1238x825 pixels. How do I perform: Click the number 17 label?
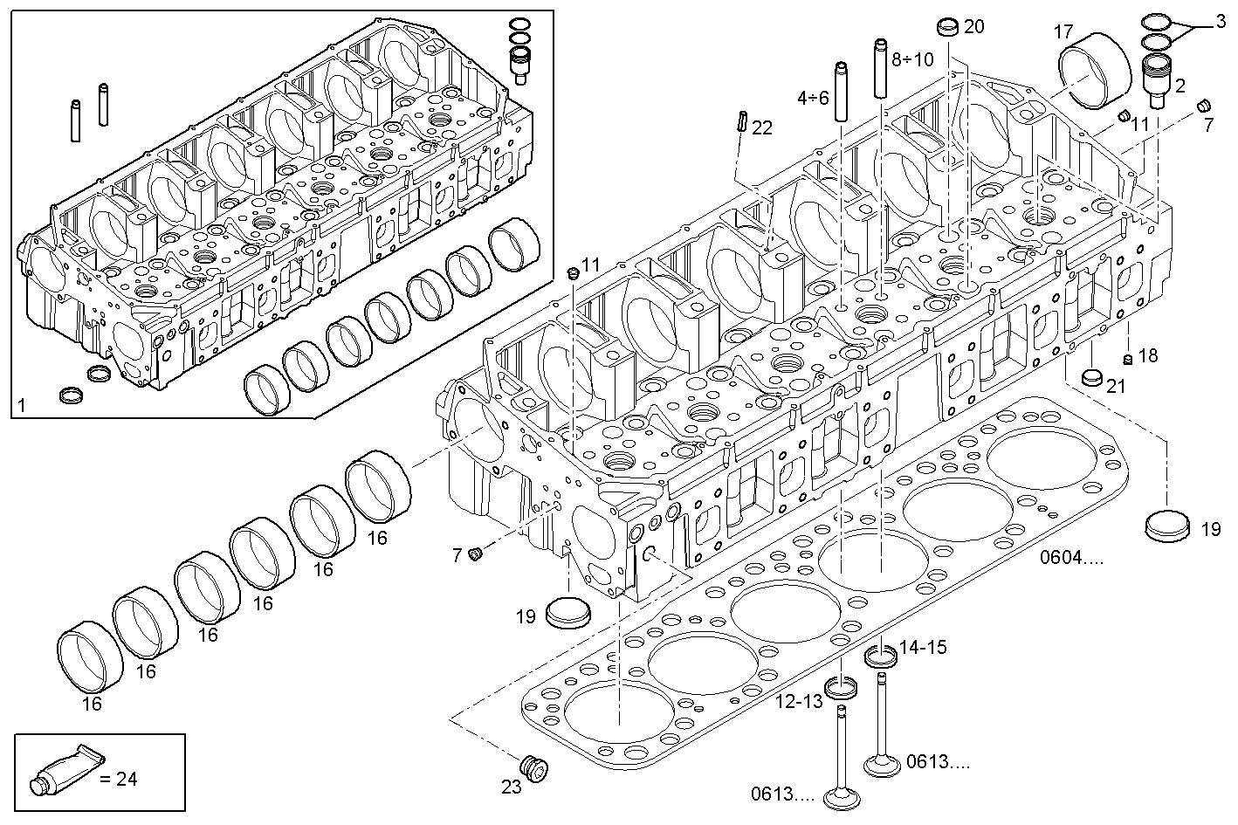pyautogui.click(x=1063, y=32)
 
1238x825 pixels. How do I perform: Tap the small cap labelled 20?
pyautogui.click(x=948, y=28)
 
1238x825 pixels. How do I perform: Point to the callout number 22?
pyautogui.click(x=761, y=128)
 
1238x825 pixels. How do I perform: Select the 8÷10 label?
pyautogui.click(x=912, y=59)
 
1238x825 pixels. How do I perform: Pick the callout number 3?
pyautogui.click(x=1220, y=22)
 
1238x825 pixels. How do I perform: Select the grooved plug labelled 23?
pyautogui.click(x=533, y=768)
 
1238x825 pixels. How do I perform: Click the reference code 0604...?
pyautogui.click(x=1070, y=557)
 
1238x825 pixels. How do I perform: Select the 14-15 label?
pyautogui.click(x=923, y=648)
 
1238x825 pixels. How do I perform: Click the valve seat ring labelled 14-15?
pyautogui.click(x=880, y=656)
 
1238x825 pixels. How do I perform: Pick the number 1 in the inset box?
pyautogui.click(x=22, y=405)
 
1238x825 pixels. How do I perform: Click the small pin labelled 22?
pyautogui.click(x=740, y=120)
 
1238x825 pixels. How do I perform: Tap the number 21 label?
pyautogui.click(x=1117, y=386)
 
